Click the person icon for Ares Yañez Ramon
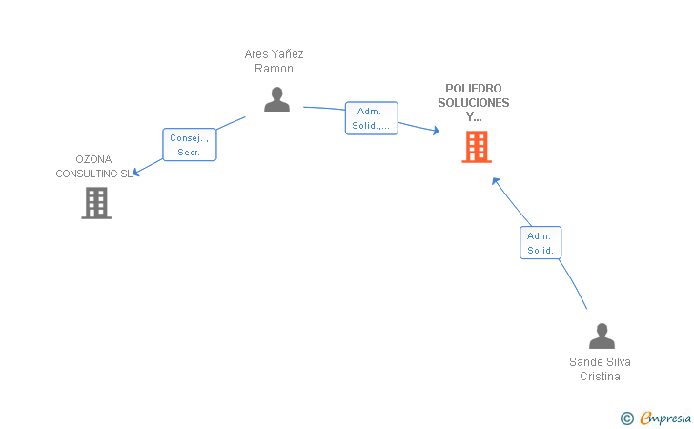coord(276,99)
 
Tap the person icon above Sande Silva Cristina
coord(602,336)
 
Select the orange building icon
coord(477,147)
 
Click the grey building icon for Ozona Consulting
coord(96,203)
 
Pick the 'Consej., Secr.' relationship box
coord(190,145)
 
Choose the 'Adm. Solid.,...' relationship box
coord(372,118)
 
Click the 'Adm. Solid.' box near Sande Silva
coord(541,242)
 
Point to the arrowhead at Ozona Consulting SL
coord(136,173)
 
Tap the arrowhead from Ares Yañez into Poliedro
coord(437,131)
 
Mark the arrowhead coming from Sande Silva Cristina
coord(496,180)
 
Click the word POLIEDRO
coord(474,89)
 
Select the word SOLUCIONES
coord(474,103)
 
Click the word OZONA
coord(93,159)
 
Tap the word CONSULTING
coord(87,174)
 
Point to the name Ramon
coord(274,69)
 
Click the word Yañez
coord(287,54)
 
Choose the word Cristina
coord(600,377)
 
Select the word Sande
coord(584,362)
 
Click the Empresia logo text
coord(665,418)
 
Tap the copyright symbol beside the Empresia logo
coord(626,419)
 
